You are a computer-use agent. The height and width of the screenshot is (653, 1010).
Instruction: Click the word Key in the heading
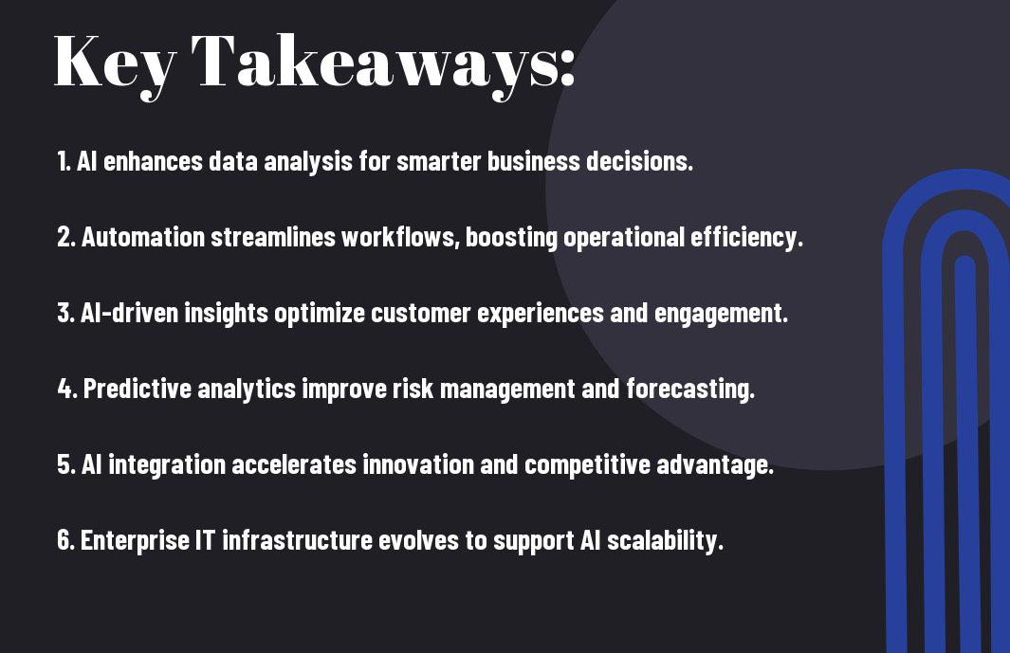click(115, 63)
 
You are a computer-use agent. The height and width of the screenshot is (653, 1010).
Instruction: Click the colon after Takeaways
click(566, 67)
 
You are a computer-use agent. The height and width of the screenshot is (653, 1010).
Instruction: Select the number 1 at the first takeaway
click(63, 161)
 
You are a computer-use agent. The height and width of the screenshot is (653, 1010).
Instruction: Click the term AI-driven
click(130, 313)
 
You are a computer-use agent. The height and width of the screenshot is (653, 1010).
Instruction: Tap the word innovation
click(418, 464)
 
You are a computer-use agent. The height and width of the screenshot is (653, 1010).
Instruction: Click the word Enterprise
click(135, 540)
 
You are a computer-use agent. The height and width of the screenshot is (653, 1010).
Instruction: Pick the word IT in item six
click(205, 539)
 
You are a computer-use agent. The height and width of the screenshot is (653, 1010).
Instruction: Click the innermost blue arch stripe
click(964, 451)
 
